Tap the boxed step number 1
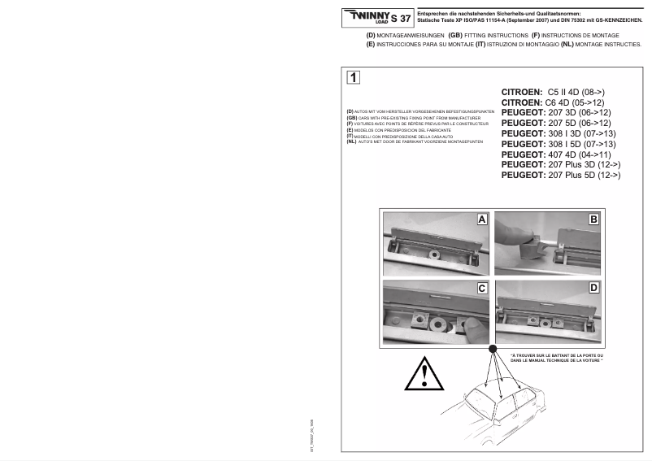354,78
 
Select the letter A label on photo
481,220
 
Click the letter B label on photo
593,220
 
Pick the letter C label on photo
481,288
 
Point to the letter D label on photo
593,288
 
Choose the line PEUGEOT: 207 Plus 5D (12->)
561,175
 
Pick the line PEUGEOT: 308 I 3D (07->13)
559,133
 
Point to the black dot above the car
492,349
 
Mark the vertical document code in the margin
312,435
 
